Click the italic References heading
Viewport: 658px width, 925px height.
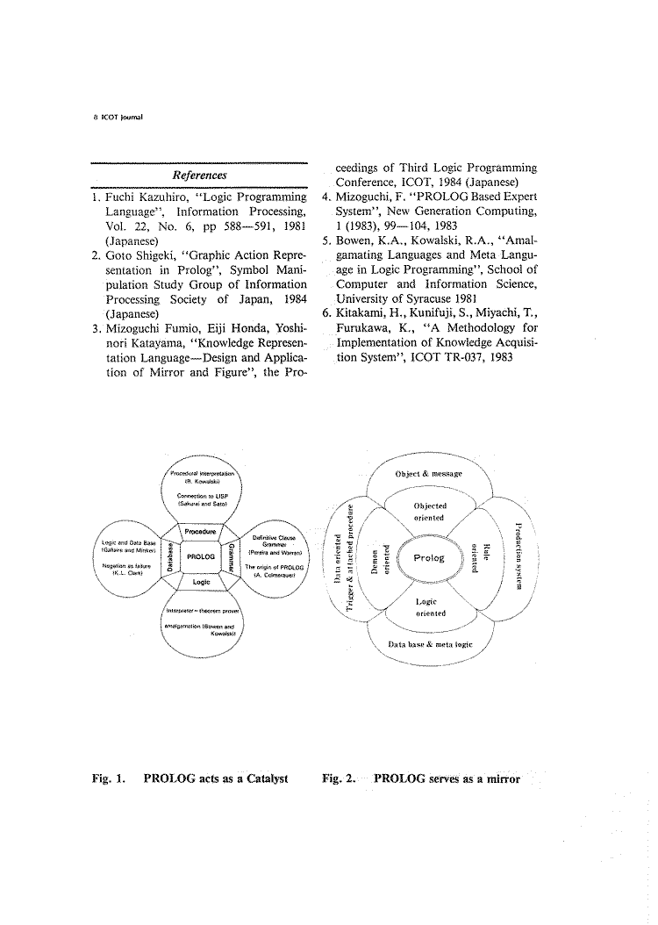pyautogui.click(x=200, y=176)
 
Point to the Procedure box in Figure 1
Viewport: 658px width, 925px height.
pyautogui.click(x=201, y=532)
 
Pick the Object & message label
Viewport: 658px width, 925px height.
pyautogui.click(x=429, y=474)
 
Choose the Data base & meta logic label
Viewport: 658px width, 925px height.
pyautogui.click(x=430, y=643)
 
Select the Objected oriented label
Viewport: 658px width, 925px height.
pyautogui.click(x=430, y=512)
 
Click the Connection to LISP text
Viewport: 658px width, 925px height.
pyautogui.click(x=202, y=497)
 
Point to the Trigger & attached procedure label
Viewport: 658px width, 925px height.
pyautogui.click(x=351, y=558)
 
